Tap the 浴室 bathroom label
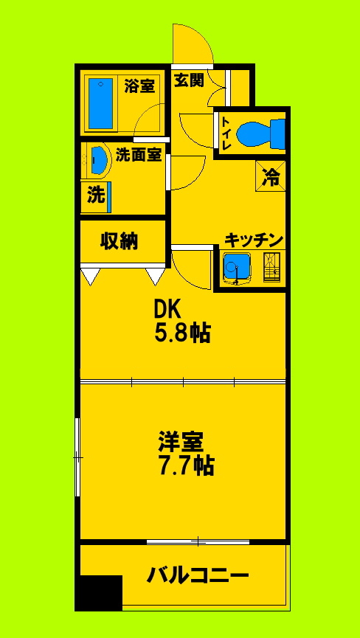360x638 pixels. click(139, 86)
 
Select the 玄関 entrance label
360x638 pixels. click(188, 80)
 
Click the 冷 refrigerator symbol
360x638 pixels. click(271, 177)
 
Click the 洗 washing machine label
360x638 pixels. click(96, 195)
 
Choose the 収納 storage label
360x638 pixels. click(120, 241)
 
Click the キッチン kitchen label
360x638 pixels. click(254, 240)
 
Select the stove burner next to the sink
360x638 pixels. click(271, 267)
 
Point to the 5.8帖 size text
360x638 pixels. click(181, 334)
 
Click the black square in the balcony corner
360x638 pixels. click(99, 592)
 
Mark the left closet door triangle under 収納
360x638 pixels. click(90, 277)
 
